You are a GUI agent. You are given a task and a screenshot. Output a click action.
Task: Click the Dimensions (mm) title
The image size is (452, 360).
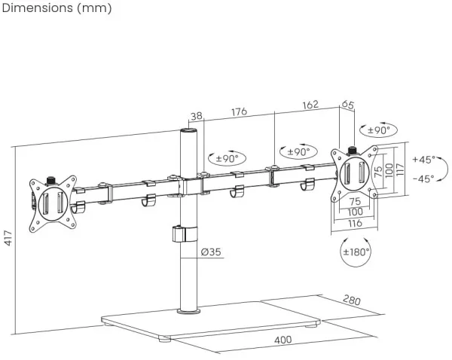click(x=57, y=8)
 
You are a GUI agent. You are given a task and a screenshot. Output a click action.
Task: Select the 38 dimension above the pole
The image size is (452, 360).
click(x=197, y=116)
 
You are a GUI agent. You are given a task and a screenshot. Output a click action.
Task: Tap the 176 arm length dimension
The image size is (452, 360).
click(x=239, y=112)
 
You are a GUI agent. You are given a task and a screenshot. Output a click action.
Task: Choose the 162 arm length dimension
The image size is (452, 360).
click(x=309, y=105)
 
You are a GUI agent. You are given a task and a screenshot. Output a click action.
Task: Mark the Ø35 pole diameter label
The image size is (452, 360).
click(x=211, y=252)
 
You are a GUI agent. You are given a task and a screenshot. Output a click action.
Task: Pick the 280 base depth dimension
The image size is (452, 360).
click(x=352, y=300)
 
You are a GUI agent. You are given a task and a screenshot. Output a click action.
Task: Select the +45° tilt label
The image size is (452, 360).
click(x=423, y=160)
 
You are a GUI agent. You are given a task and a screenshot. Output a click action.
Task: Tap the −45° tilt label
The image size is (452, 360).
click(x=423, y=179)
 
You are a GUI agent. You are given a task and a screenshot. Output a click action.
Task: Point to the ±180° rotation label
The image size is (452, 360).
click(x=356, y=252)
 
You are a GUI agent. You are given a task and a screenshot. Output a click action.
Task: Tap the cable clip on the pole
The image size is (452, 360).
click(x=180, y=233)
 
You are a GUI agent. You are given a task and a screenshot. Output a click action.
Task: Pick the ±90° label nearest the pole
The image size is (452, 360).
click(x=227, y=158)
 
